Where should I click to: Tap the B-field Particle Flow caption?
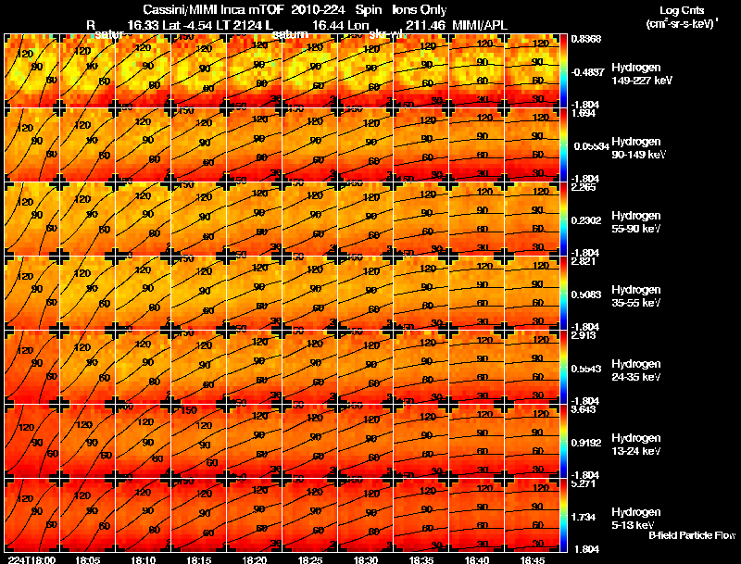pos(691,535)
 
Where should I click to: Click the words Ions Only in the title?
pos(420,9)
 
